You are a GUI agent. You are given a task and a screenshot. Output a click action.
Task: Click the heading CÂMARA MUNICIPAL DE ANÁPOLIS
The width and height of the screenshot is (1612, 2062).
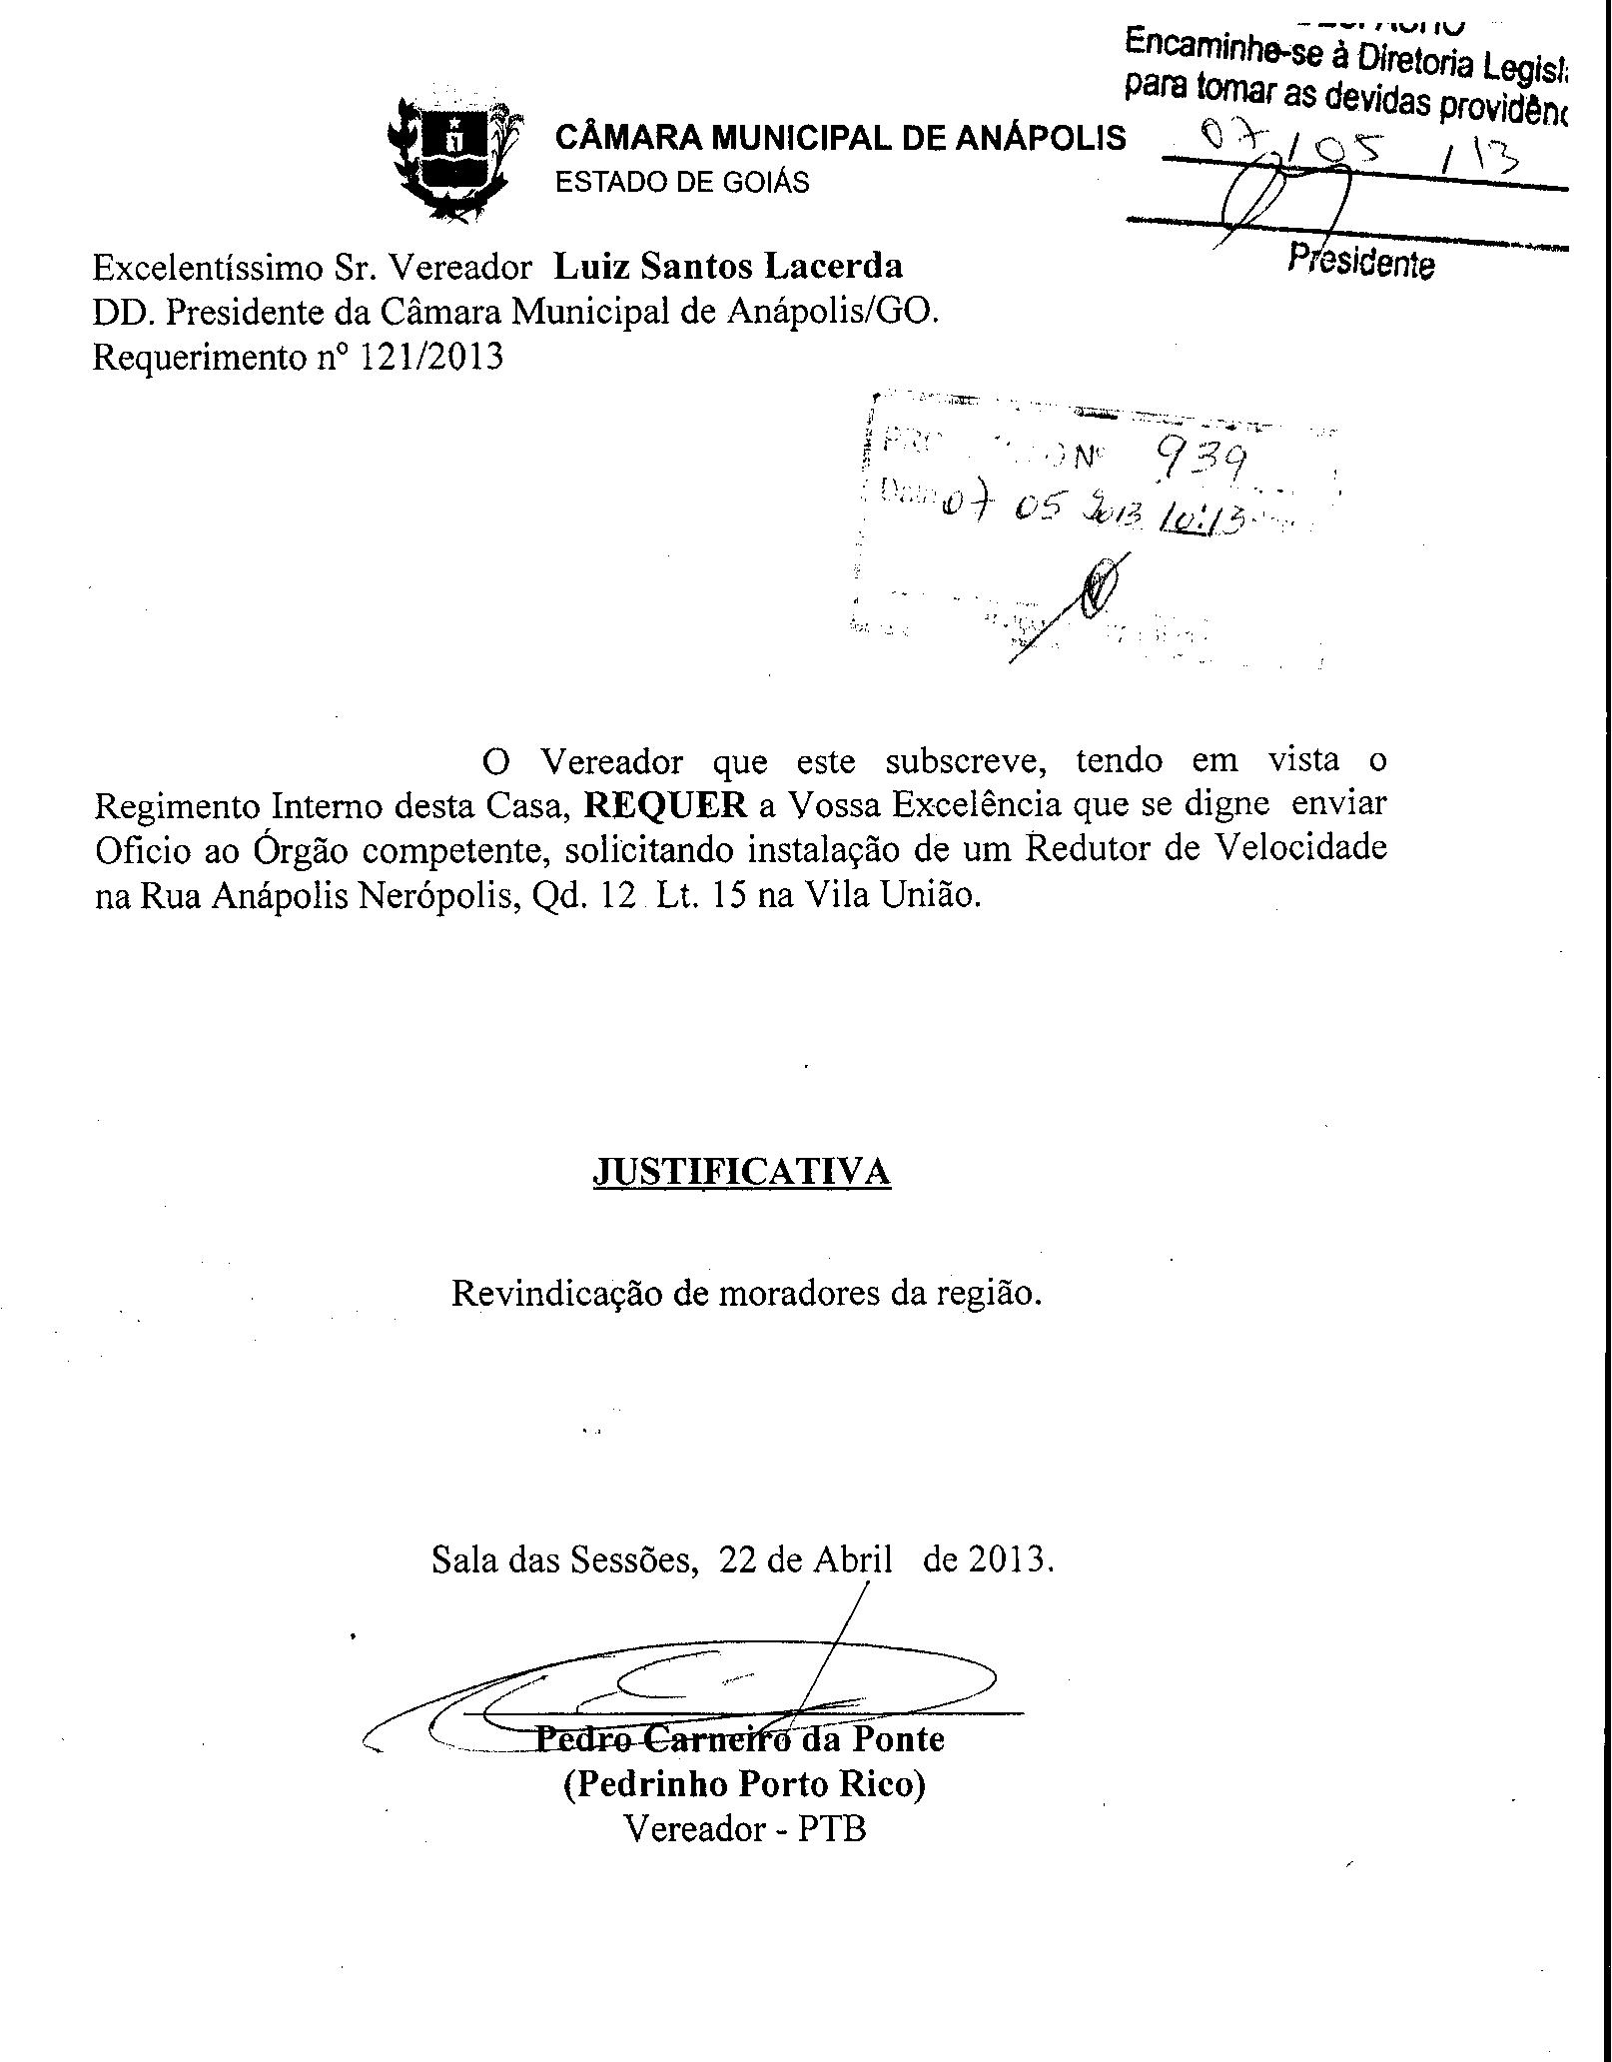840,138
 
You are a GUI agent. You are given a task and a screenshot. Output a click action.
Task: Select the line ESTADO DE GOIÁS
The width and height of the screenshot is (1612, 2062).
682,183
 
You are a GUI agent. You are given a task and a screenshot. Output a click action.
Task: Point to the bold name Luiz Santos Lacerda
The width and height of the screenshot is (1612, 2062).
728,267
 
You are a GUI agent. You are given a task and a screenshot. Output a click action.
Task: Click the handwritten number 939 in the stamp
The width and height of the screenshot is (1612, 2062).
1201,462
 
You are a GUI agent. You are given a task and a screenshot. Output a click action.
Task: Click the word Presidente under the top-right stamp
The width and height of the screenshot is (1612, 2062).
1361,262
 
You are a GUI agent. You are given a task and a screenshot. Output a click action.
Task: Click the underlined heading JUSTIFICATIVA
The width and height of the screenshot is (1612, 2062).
741,1171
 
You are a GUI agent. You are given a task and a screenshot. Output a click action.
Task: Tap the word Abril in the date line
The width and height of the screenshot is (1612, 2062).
852,1560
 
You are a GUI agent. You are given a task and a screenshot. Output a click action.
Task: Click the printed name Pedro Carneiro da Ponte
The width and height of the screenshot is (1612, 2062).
739,1739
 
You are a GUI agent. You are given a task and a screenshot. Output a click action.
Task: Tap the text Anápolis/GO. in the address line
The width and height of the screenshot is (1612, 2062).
833,313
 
